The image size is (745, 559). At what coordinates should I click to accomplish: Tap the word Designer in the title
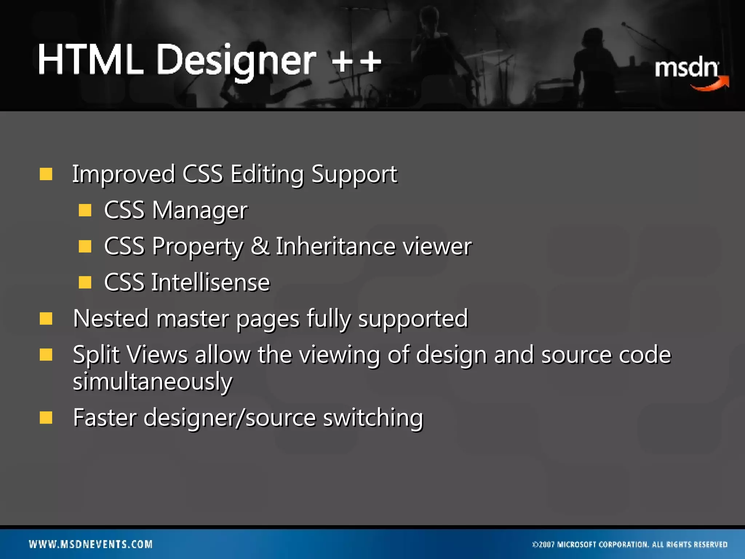(236, 61)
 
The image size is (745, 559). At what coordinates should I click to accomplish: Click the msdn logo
(686, 68)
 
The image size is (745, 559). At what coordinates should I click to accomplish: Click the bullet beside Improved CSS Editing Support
(46, 174)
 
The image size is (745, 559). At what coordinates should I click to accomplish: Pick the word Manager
(200, 210)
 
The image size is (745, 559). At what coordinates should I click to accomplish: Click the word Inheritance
(335, 246)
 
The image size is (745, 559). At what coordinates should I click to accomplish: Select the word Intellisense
(211, 282)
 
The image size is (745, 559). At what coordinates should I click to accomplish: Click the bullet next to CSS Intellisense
(85, 282)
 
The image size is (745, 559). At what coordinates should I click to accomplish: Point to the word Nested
(111, 318)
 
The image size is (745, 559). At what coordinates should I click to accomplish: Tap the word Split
(96, 355)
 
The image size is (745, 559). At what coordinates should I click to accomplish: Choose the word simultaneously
(152, 382)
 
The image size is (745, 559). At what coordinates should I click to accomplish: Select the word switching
(373, 418)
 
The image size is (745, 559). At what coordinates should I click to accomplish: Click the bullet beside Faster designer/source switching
(46, 418)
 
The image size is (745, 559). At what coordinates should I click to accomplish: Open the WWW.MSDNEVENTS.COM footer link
(91, 544)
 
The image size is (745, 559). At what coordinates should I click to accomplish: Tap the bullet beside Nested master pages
(46, 318)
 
